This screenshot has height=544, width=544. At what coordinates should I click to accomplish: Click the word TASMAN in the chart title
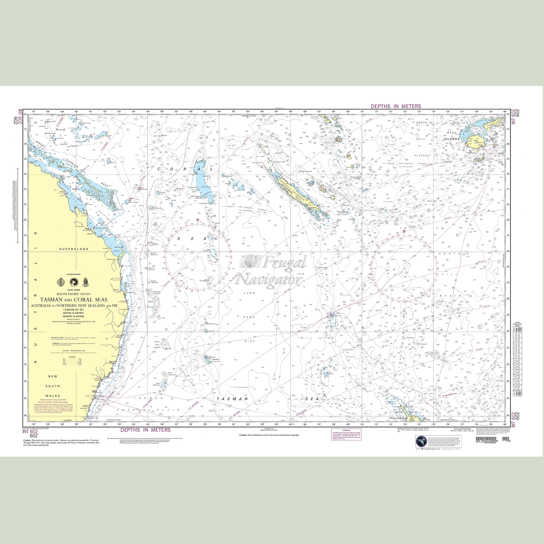tap(51, 300)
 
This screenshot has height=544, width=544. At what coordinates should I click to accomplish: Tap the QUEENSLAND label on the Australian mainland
tap(74, 249)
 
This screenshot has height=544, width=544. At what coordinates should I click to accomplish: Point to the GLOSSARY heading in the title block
tap(73, 357)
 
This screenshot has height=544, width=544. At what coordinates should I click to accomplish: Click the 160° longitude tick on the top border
tap(219, 112)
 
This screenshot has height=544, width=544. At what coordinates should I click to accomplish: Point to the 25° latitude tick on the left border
tap(25, 251)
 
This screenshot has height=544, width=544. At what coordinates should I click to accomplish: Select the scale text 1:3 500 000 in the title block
tap(73, 309)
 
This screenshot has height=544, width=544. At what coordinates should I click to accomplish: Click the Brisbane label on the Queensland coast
tap(115, 289)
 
